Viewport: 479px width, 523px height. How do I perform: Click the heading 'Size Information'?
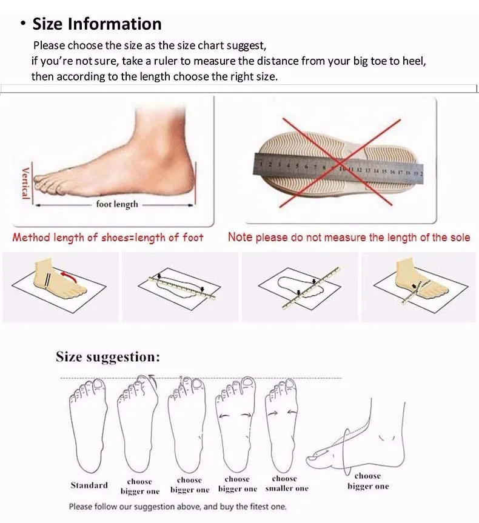96,24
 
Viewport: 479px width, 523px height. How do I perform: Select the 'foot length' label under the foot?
117,204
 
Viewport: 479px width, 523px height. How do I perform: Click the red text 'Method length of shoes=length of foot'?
108,238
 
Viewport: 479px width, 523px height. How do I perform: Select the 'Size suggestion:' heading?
108,356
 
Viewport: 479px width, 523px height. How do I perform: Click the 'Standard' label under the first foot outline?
89,485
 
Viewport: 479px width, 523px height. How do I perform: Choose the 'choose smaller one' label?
286,484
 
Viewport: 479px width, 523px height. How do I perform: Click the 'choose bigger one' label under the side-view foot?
368,481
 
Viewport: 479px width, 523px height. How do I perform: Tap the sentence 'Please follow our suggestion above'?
177,507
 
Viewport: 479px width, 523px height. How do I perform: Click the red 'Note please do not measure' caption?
349,238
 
